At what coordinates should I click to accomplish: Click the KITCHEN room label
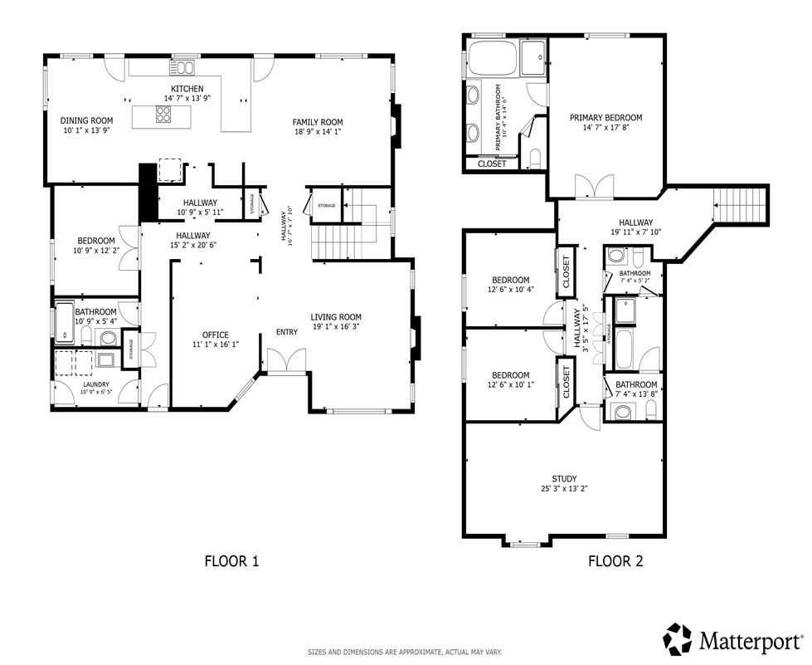[x=187, y=89]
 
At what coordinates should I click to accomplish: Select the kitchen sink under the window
[x=183, y=68]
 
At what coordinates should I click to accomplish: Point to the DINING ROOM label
[x=86, y=120]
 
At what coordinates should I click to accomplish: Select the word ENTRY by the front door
[x=286, y=332]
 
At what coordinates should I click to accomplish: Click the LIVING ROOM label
[x=336, y=317]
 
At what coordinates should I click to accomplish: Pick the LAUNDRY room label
[x=96, y=385]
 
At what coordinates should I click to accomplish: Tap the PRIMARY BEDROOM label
[x=605, y=118]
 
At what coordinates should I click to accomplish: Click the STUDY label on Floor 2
[x=564, y=479]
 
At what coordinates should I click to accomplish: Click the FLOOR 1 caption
[x=231, y=561]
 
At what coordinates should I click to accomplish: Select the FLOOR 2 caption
[x=615, y=561]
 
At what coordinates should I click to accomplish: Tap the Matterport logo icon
[x=678, y=638]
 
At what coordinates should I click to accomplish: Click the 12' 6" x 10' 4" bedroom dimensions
[x=511, y=290]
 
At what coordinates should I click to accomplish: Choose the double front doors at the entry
[x=286, y=361]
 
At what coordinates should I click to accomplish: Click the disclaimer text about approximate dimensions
[x=405, y=653]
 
